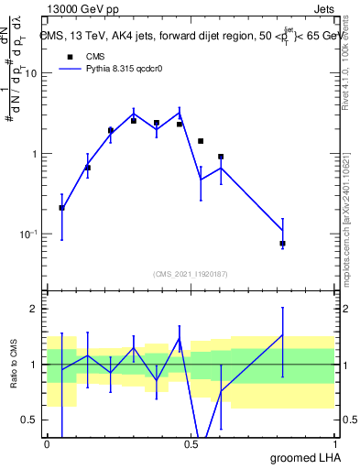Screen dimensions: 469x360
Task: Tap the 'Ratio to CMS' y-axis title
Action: tap(14, 365)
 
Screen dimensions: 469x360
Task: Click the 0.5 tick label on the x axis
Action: tap(191, 443)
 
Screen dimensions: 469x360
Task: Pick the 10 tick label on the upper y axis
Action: tap(32, 73)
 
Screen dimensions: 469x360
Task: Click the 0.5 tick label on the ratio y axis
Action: tap(30, 420)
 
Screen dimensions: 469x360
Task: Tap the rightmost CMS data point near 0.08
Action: tap(283, 244)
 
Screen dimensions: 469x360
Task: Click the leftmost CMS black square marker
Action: tap(61, 208)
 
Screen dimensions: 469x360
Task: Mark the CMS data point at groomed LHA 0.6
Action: tap(221, 157)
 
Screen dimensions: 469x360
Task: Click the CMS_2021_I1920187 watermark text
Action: tap(190, 273)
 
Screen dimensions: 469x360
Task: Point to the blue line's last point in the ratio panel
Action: tap(283, 335)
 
